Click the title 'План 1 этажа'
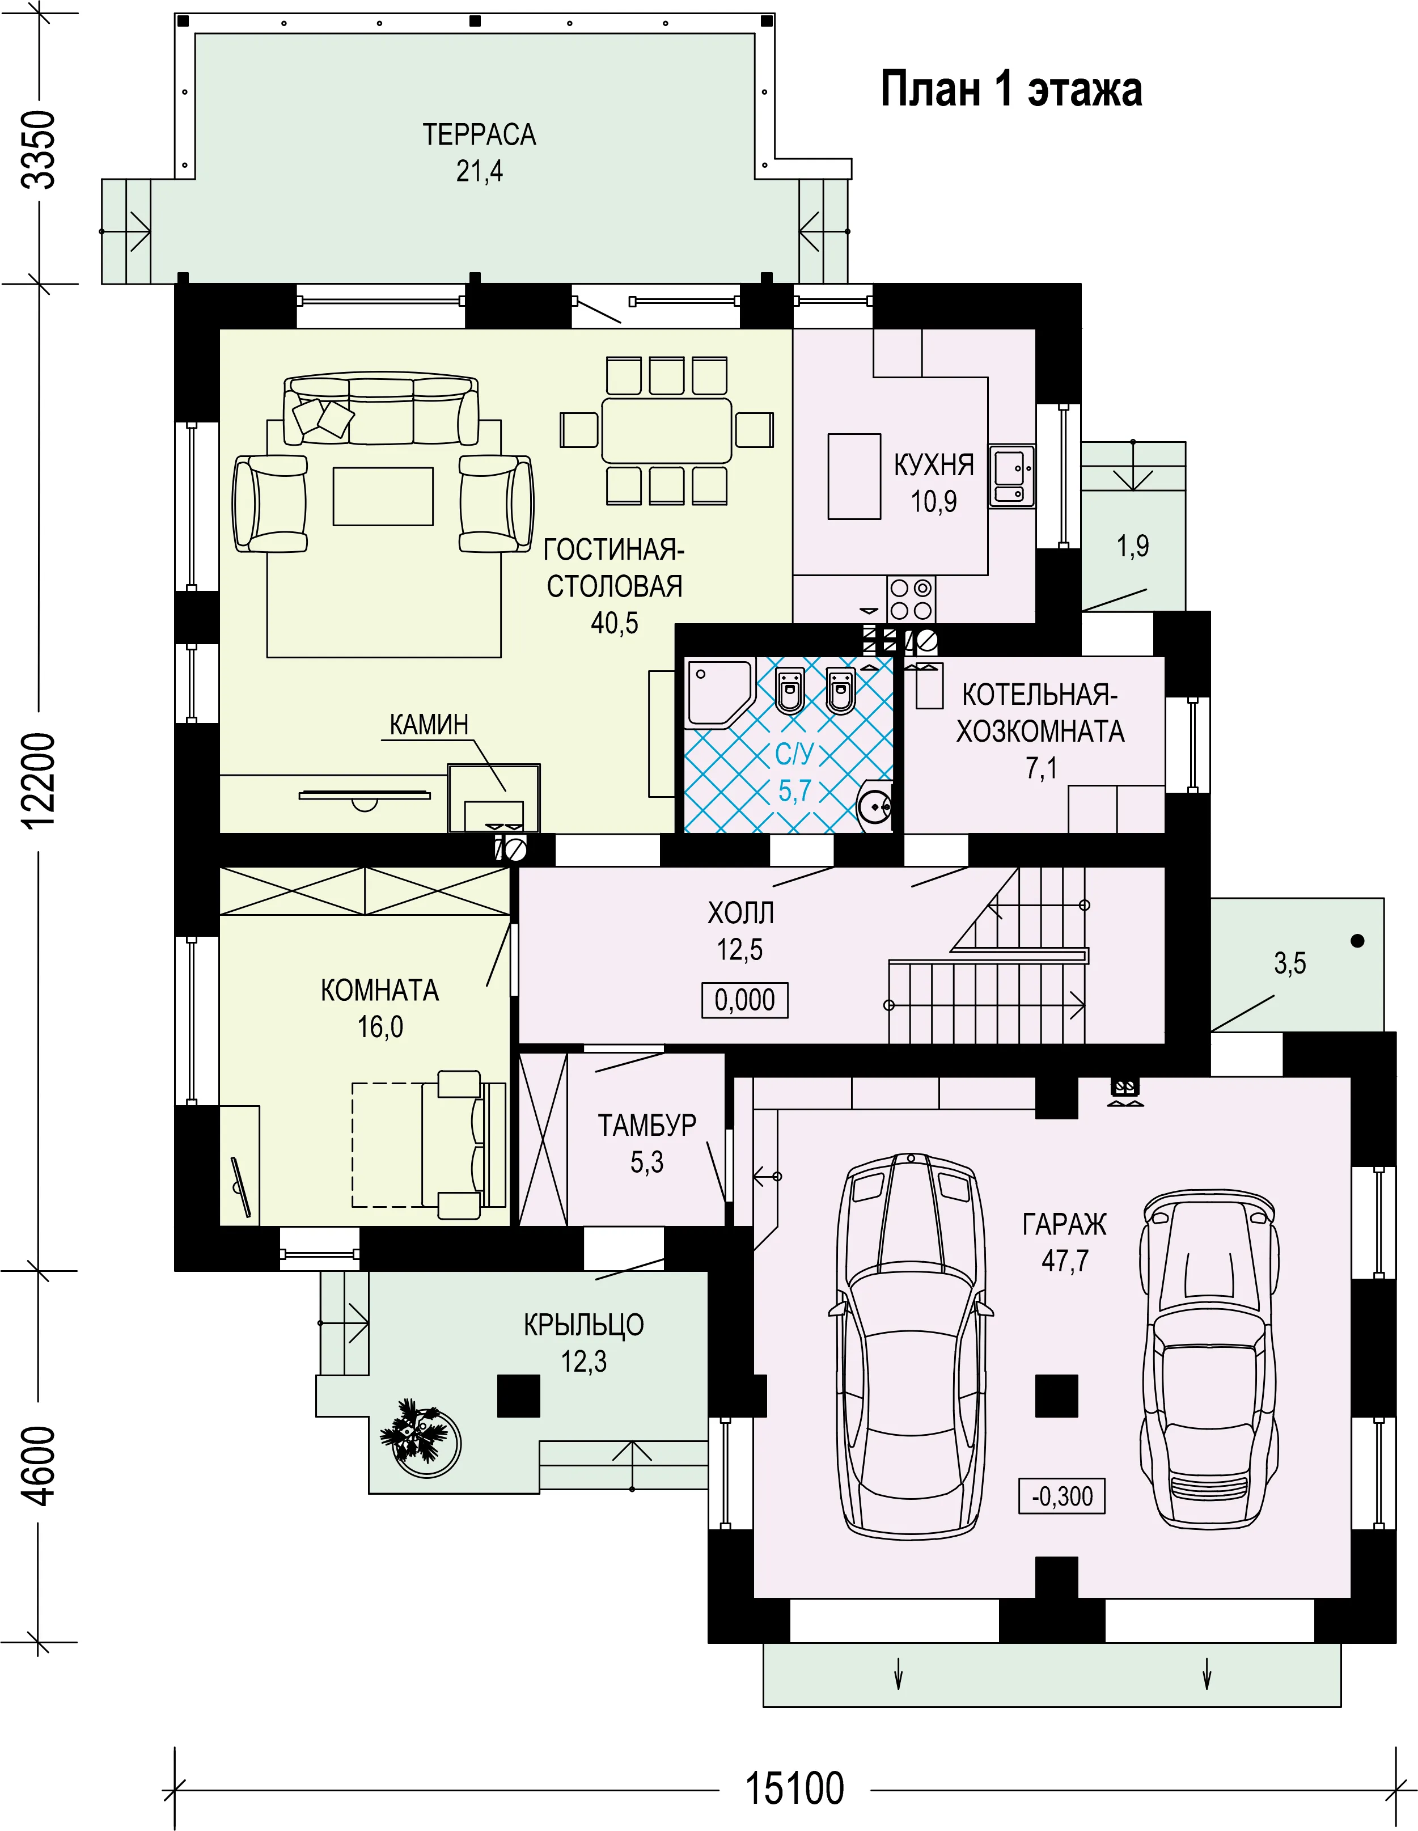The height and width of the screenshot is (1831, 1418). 1011,90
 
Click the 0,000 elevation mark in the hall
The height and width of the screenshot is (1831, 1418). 744,1000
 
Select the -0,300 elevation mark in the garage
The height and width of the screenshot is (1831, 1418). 1062,1496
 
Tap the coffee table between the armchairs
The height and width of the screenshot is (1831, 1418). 383,496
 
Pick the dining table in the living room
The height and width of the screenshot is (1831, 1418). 666,431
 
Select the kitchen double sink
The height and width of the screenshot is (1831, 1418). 1011,476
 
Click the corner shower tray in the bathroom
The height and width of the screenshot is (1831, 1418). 719,692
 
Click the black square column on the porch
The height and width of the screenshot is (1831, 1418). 519,1395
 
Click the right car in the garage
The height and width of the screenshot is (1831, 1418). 1208,1358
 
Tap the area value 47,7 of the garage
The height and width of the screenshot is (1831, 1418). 1064,1260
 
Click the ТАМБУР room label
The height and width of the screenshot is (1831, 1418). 646,1124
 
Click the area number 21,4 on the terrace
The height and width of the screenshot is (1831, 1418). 479,171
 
